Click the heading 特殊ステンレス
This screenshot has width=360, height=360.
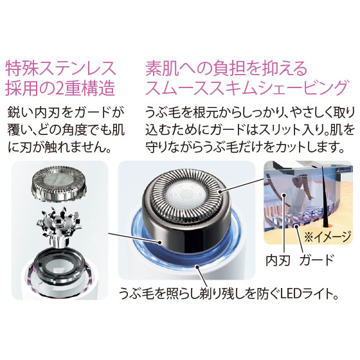pos(61,68)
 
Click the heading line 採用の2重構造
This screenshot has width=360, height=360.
pos(60,87)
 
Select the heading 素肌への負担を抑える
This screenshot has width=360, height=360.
pos(226,68)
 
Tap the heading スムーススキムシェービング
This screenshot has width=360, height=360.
pos(247,87)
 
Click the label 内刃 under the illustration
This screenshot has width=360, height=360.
pos(278,260)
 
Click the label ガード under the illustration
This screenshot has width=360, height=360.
pos(316,260)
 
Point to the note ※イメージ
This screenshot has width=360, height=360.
pos(328,237)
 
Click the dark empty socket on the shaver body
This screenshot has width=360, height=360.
pos(59,262)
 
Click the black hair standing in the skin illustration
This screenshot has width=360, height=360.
pos(325,197)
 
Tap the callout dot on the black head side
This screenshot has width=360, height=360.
pos(159,242)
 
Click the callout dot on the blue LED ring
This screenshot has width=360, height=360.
pos(196,267)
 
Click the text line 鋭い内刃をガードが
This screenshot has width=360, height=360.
pos(65,113)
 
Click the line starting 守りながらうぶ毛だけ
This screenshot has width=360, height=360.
pos(244,148)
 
